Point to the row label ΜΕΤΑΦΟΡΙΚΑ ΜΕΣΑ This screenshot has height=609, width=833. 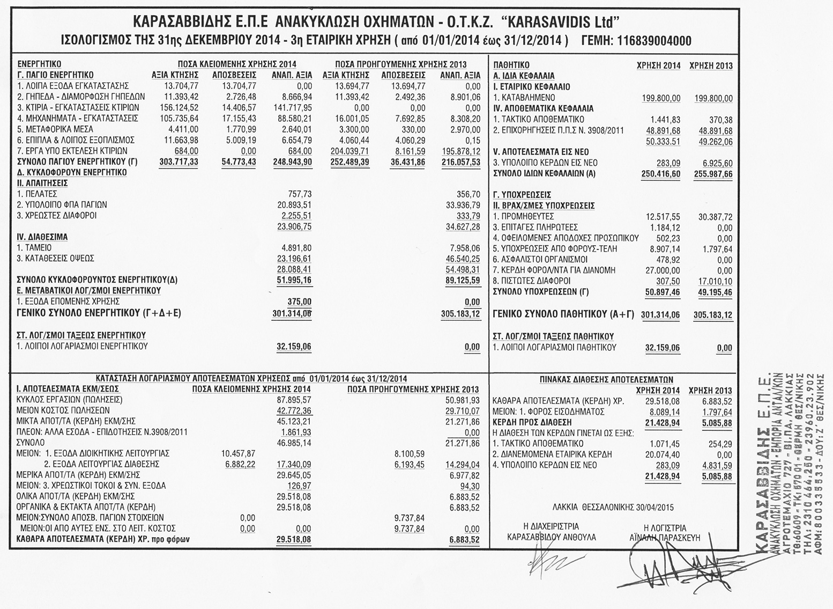pyautogui.click(x=55, y=129)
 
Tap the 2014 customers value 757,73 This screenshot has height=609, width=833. pyautogui.click(x=300, y=194)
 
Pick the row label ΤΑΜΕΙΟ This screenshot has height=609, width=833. pyautogui.click(x=34, y=248)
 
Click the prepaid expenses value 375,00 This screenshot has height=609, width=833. pyautogui.click(x=300, y=302)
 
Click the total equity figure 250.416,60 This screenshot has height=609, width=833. pyautogui.click(x=661, y=174)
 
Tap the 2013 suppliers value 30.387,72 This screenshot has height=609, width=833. pyautogui.click(x=712, y=217)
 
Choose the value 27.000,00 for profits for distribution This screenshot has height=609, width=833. pyautogui.click(x=665, y=270)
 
